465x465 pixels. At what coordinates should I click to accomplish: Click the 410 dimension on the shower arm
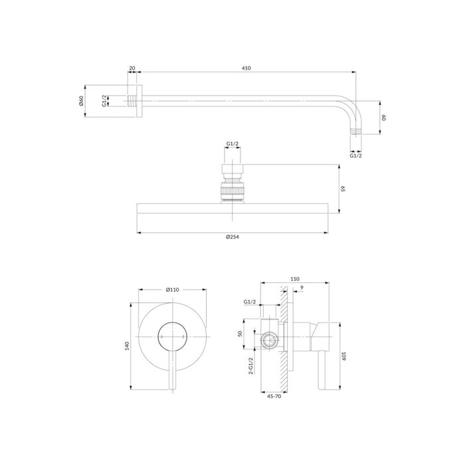(246, 68)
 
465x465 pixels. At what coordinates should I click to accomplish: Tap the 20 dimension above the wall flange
(132, 68)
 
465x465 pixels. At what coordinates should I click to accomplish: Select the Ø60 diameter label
(81, 101)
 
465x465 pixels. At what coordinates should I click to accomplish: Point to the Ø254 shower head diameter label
(232, 237)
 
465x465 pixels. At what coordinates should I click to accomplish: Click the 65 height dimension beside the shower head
(343, 189)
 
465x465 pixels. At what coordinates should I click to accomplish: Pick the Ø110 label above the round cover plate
(173, 290)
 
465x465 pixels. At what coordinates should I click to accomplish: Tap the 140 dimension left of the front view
(128, 346)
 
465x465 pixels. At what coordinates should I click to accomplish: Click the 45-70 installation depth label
(274, 396)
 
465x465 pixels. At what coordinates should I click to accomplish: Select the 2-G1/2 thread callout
(251, 365)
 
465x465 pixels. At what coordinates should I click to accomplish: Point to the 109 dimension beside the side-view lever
(343, 356)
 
